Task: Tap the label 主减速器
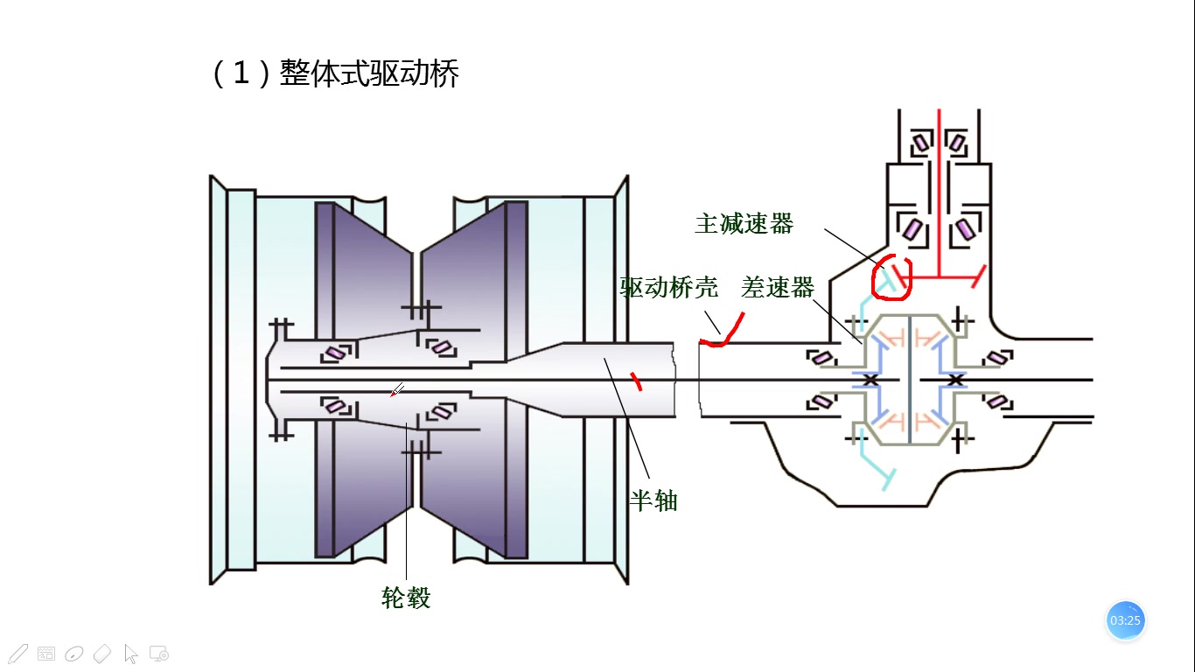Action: click(x=744, y=224)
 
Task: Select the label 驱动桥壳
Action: click(x=669, y=287)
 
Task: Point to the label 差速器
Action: click(x=778, y=287)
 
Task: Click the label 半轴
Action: click(x=653, y=500)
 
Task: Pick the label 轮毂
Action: click(x=406, y=598)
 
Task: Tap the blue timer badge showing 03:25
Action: click(x=1125, y=620)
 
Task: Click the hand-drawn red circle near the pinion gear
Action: click(x=893, y=276)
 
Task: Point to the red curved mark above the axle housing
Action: click(x=723, y=333)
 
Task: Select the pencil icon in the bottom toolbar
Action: click(x=17, y=653)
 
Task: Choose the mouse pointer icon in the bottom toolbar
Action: click(x=131, y=653)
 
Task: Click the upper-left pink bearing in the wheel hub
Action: click(x=333, y=353)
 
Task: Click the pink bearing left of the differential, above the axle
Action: click(x=821, y=358)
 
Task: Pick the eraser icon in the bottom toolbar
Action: click(x=102, y=653)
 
